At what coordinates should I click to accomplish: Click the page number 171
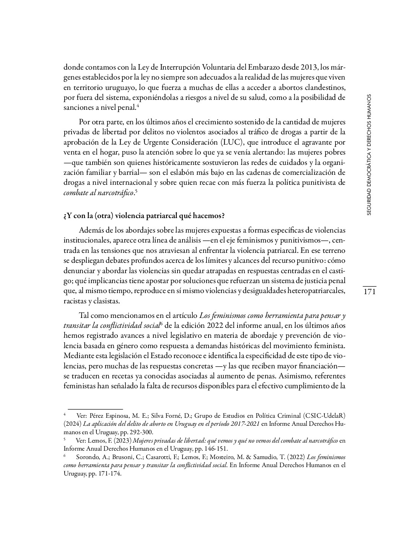[x=369, y=292]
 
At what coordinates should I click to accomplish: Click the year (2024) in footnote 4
[x=72, y=424]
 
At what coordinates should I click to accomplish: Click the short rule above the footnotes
[x=95, y=409]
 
